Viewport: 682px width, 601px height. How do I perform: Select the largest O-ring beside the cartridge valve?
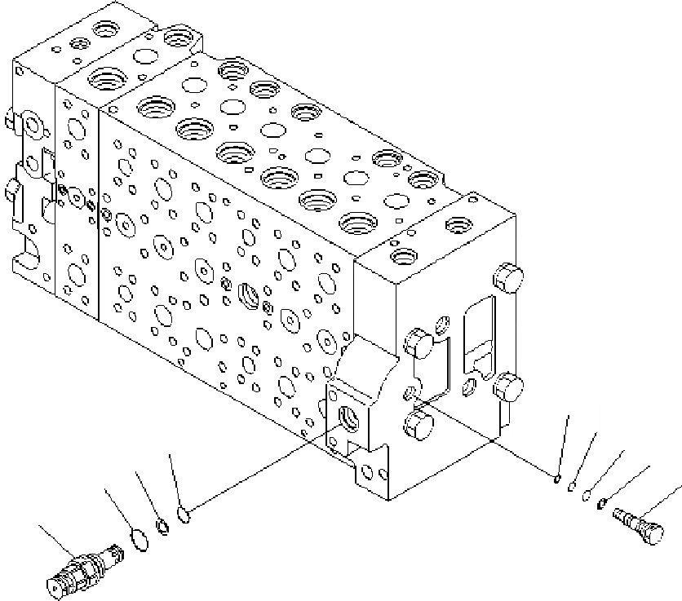139,538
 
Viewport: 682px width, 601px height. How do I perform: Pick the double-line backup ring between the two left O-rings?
163,527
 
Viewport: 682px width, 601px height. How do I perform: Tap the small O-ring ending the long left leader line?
184,515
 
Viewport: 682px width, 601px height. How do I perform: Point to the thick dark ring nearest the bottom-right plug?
603,502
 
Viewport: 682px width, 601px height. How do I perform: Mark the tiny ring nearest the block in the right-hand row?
556,479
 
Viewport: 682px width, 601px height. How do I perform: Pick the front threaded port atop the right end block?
404,256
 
